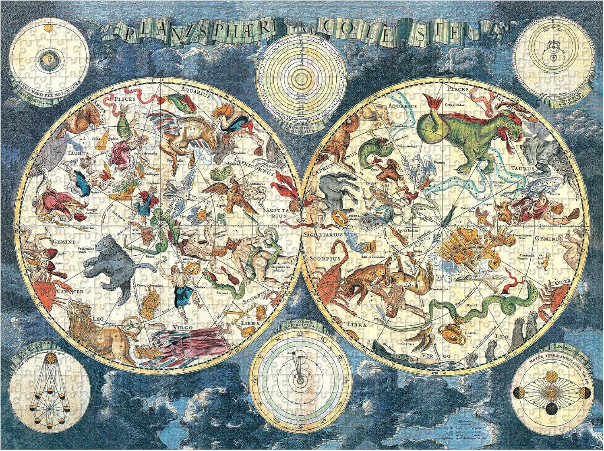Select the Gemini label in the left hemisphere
(64, 242)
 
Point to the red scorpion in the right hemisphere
(330, 278)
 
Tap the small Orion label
(554, 194)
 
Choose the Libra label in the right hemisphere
(357, 325)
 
